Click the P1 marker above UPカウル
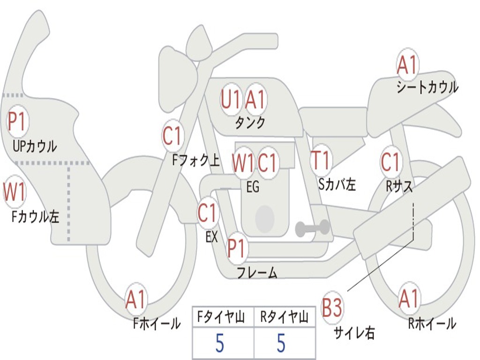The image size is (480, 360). [x=17, y=121]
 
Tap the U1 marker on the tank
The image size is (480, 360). [x=231, y=99]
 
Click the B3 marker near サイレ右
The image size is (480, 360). [x=331, y=307]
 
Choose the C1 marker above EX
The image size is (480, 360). [x=208, y=213]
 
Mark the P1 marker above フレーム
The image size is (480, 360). [x=237, y=247]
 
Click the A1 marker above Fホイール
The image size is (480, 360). [x=135, y=300]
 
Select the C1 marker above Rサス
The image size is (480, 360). [x=391, y=162]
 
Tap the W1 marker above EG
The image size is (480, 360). [x=243, y=163]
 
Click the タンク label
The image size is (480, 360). [x=250, y=123]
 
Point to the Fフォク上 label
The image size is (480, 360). [x=196, y=160]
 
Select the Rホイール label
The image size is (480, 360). [x=432, y=323]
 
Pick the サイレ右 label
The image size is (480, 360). [x=354, y=332]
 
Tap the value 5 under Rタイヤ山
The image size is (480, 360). [x=281, y=343]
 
